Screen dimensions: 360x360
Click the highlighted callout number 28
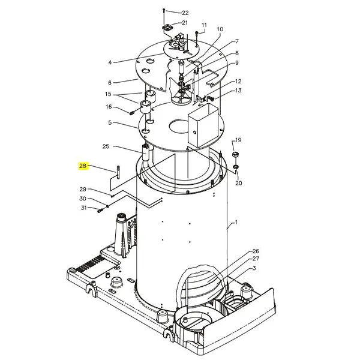click(83, 166)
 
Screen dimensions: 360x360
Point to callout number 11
click(204, 25)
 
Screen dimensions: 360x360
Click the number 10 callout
click(220, 29)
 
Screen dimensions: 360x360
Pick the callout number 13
click(238, 91)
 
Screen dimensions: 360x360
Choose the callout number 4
click(110, 62)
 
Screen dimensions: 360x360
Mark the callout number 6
click(110, 83)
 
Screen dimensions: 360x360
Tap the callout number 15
click(108, 94)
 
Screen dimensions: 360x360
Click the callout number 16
click(109, 107)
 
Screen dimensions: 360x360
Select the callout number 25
click(106, 146)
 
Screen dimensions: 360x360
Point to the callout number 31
click(84, 208)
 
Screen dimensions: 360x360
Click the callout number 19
click(238, 139)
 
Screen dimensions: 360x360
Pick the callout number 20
click(239, 183)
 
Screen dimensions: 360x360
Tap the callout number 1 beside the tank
click(236, 223)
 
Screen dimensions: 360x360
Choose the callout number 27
click(256, 259)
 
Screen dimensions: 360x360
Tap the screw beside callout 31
click(100, 209)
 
